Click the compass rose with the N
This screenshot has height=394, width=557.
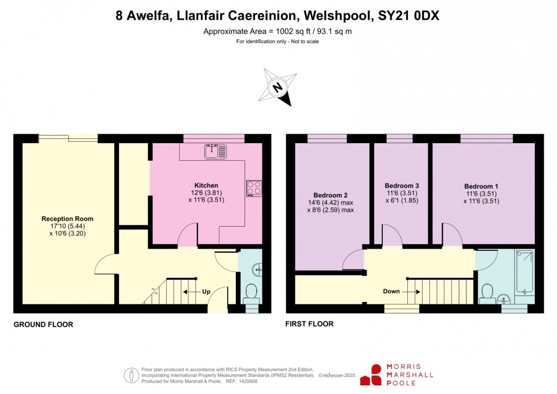pyautogui.click(x=278, y=87)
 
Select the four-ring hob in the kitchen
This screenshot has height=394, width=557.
pyautogui.click(x=253, y=189)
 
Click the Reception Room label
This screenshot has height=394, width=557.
pyautogui.click(x=64, y=219)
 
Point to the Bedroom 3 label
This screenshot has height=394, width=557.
pyautogui.click(x=402, y=185)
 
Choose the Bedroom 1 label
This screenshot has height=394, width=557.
pyautogui.click(x=482, y=186)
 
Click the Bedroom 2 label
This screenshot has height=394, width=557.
pyautogui.click(x=330, y=195)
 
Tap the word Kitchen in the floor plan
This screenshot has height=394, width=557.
pyautogui.click(x=206, y=185)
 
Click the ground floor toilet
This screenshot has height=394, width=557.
pyautogui.click(x=252, y=292)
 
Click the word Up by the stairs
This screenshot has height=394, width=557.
pyautogui.click(x=206, y=292)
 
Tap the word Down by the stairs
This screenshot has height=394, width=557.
pyautogui.click(x=391, y=291)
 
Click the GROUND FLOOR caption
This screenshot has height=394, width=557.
pyautogui.click(x=43, y=325)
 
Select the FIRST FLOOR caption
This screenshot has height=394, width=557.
pyautogui.click(x=309, y=324)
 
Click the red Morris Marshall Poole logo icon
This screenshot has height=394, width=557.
pyautogui.click(x=376, y=375)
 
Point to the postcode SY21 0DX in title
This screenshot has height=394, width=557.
pyautogui.click(x=409, y=16)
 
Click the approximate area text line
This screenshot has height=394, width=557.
pyautogui.click(x=277, y=32)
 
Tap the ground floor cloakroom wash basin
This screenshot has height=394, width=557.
pyautogui.click(x=258, y=268)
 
